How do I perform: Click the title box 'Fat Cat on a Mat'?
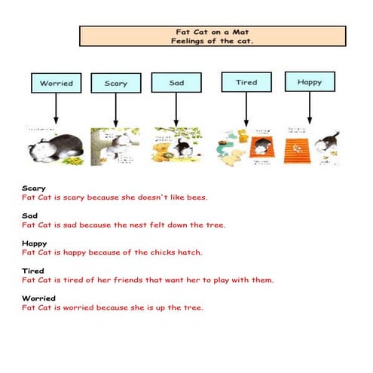pyautogui.click(x=212, y=36)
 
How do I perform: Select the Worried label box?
pyautogui.click(x=56, y=83)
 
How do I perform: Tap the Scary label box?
pyautogui.click(x=115, y=84)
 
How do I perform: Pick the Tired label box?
pyautogui.click(x=246, y=82)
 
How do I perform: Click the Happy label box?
pyautogui.click(x=309, y=81)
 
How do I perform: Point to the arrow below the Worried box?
pyautogui.click(x=56, y=109)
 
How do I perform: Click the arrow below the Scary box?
pyautogui.click(x=115, y=109)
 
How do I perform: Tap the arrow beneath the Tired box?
pyautogui.click(x=246, y=109)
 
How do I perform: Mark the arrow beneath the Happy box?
pyautogui.click(x=309, y=109)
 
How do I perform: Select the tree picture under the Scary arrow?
pyautogui.click(x=115, y=145)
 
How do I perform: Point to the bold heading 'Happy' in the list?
pyautogui.click(x=34, y=243)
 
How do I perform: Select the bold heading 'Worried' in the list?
pyautogui.click(x=38, y=298)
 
